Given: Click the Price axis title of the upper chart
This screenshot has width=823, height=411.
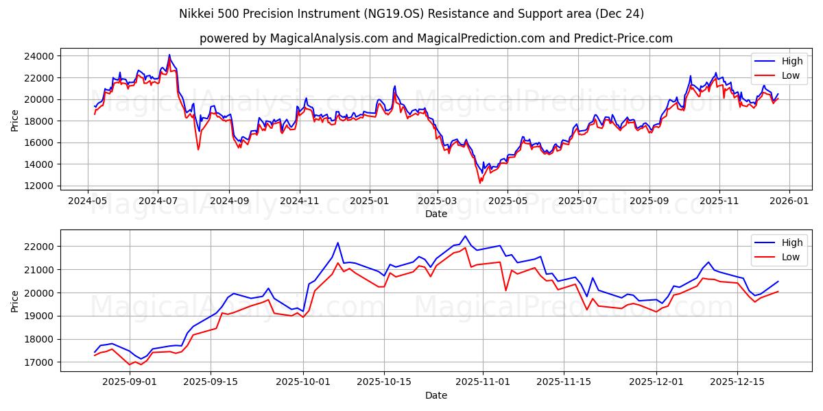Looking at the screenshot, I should (x=15, y=120).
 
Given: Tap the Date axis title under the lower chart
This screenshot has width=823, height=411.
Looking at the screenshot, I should (x=436, y=395).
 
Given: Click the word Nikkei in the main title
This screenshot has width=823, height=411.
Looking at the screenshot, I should (x=196, y=14).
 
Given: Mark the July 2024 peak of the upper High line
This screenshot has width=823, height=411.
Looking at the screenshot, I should (x=169, y=55).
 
